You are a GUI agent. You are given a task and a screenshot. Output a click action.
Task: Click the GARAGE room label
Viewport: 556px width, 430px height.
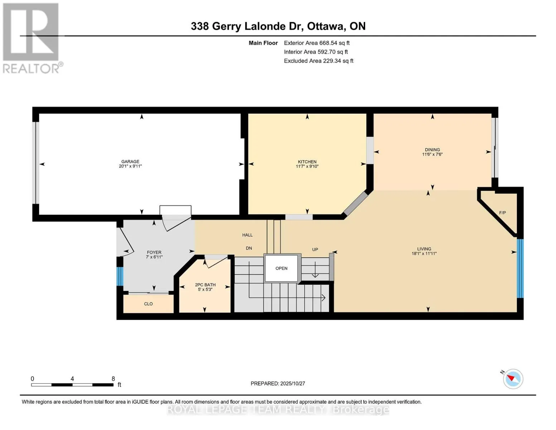tap(130, 162)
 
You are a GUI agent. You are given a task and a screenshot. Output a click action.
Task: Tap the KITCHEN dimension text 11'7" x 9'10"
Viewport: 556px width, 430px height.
tap(307, 166)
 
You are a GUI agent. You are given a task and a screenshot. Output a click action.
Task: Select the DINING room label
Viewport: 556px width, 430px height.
tap(432, 150)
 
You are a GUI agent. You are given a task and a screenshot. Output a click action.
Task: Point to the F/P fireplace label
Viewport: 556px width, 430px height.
tap(502, 213)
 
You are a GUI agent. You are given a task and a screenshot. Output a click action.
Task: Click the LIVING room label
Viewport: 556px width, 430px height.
tap(424, 249)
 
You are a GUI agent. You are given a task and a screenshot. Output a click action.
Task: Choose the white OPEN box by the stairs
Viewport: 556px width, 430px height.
tap(281, 268)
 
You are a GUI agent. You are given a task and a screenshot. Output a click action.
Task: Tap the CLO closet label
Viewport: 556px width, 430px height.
tap(148, 304)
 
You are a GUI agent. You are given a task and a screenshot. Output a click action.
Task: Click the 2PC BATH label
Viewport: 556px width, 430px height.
tap(205, 285)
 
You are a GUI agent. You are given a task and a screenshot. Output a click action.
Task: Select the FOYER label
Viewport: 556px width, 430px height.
tap(154, 252)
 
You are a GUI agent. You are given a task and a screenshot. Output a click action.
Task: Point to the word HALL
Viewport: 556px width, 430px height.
tap(247, 235)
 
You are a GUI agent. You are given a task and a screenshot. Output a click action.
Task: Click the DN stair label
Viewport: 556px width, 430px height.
tap(249, 248)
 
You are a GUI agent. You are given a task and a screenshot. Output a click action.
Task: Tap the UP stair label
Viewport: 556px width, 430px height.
tap(315, 249)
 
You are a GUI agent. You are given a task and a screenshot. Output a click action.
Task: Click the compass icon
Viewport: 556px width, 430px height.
tap(513, 379)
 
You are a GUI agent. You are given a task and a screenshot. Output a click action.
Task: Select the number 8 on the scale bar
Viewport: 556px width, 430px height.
tap(113, 379)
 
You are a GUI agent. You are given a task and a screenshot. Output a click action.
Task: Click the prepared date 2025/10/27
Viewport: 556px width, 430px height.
tap(292, 383)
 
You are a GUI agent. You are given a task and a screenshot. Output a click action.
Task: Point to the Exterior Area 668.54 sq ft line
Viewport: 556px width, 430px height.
tap(316, 43)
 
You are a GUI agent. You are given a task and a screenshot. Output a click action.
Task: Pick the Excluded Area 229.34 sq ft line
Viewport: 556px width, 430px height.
tap(318, 61)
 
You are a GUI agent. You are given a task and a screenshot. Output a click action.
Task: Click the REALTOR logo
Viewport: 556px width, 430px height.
tap(32, 38)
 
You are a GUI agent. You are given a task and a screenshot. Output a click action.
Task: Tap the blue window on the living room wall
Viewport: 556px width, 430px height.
tap(520, 268)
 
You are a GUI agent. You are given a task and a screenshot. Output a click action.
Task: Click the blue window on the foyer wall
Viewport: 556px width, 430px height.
tap(120, 276)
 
